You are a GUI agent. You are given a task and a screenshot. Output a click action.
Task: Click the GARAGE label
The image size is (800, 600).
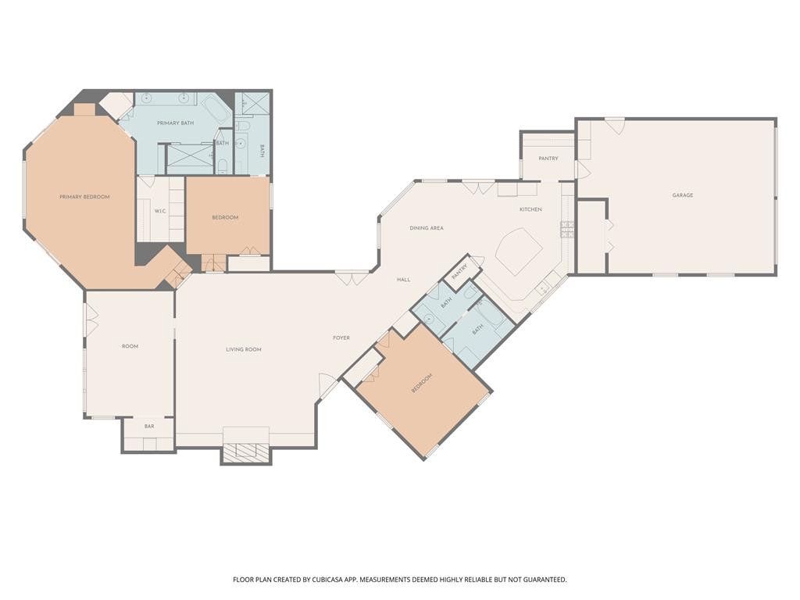[682, 195]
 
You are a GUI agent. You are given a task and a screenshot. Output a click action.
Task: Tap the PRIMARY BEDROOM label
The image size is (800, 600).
[84, 197]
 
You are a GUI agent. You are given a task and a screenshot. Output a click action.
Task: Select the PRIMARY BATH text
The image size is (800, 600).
[175, 123]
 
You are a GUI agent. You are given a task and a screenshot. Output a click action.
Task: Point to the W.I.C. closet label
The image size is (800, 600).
[160, 211]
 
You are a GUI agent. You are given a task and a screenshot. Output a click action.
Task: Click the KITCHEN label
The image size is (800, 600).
[530, 209]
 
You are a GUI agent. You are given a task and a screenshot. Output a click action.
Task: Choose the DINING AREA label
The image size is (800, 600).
[427, 228]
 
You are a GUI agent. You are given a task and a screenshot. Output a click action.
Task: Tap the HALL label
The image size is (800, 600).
[404, 280]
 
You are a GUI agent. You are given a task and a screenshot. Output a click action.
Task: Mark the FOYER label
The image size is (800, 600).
[341, 337]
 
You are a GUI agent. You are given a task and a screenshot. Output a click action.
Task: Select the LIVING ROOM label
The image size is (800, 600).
[244, 349]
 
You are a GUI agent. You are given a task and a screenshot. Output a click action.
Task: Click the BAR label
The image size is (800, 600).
[149, 426]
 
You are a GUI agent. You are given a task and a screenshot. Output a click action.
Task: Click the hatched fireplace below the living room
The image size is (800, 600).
[246, 453]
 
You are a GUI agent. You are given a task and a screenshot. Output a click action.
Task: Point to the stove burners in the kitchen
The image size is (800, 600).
[567, 230]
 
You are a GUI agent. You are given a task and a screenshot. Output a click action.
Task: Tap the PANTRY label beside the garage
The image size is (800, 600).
[548, 159]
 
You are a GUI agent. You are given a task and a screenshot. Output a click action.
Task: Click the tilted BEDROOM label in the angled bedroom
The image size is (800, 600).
[422, 383]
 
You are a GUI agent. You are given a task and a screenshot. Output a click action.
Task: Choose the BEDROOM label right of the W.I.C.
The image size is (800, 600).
[225, 217]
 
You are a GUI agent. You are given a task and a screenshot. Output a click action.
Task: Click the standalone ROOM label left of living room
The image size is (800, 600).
[130, 346]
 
